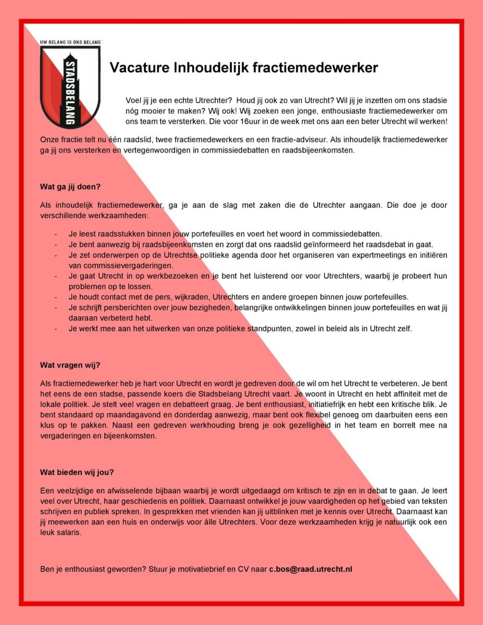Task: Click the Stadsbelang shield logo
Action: tap(70, 86)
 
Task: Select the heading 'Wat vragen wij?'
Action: tap(70, 365)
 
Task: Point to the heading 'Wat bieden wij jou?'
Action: tap(77, 472)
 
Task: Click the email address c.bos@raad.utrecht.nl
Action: tap(311, 569)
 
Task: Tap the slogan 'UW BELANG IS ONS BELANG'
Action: tap(70, 41)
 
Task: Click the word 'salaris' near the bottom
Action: tap(71, 533)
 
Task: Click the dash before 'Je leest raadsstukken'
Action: tap(56, 234)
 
